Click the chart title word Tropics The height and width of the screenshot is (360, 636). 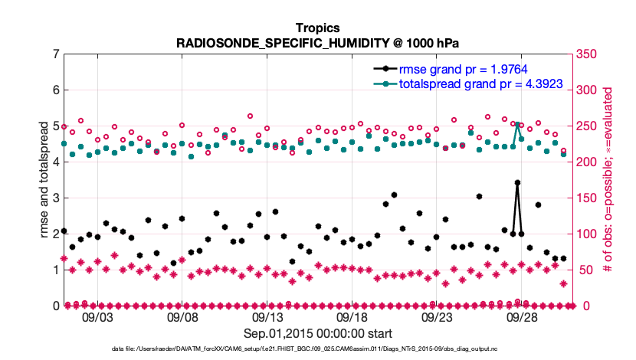coord(317,28)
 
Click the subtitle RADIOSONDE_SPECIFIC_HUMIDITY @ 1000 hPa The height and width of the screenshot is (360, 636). coord(317,43)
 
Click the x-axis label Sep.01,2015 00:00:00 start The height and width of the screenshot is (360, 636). coord(317,333)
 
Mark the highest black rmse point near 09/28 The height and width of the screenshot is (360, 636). coord(518,183)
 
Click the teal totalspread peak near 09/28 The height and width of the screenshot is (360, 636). coord(518,124)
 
